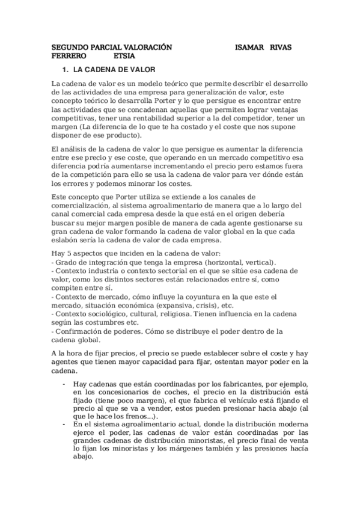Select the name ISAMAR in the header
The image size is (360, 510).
249,47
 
